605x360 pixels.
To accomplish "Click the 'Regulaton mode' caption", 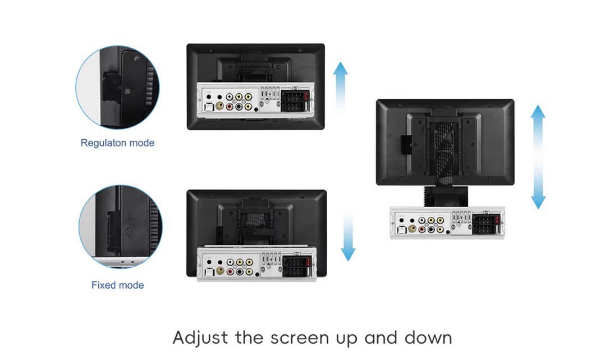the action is [x=117, y=143].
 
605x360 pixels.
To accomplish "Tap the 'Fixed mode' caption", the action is [x=118, y=285].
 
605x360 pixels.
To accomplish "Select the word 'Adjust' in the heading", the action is [x=201, y=338].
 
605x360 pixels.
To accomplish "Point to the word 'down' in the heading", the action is [x=428, y=338].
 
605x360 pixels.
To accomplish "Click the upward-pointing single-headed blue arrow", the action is [x=340, y=87].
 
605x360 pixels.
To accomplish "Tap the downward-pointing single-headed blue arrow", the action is [x=348, y=236].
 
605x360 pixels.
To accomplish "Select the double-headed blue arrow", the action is [x=538, y=157].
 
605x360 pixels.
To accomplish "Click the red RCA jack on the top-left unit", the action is [x=230, y=106].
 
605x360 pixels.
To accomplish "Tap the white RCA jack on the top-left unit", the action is [x=230, y=97].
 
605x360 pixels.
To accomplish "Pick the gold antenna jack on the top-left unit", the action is [x=219, y=106].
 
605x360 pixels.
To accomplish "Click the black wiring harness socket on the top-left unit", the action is [x=296, y=102].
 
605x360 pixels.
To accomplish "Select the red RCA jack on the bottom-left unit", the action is [x=230, y=272].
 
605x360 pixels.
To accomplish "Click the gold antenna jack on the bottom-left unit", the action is [x=221, y=271].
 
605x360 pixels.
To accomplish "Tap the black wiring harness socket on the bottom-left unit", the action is [x=297, y=267].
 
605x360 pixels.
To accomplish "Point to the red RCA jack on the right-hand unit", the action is [x=421, y=230].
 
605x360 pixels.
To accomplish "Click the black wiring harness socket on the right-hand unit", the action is [x=486, y=225].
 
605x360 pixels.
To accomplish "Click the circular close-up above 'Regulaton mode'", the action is [x=117, y=87].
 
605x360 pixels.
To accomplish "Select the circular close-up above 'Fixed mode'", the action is [x=120, y=226].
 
